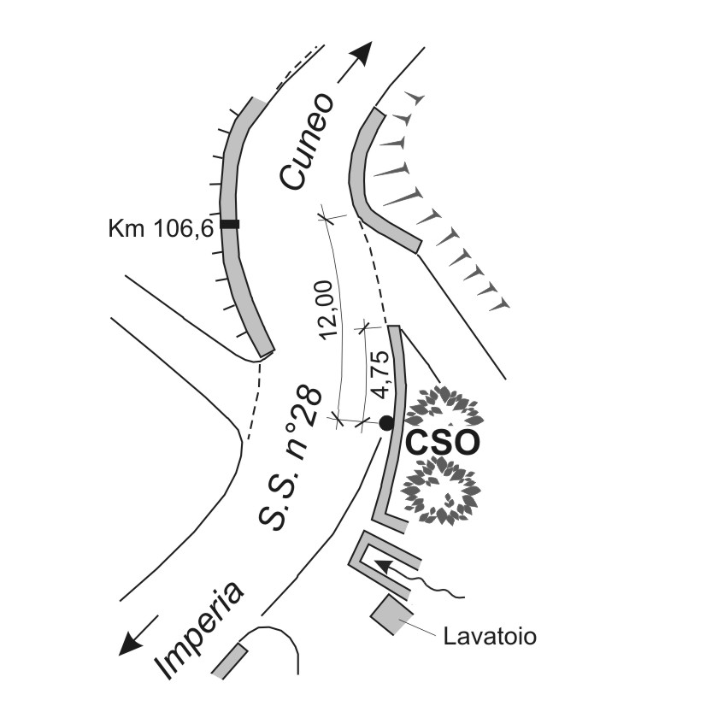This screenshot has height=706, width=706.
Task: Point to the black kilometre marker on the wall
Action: pyautogui.click(x=229, y=224)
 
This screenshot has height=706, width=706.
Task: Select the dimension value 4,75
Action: pyautogui.click(x=381, y=373)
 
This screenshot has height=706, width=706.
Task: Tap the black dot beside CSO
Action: pyautogui.click(x=386, y=422)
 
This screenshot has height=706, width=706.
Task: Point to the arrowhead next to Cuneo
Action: pyautogui.click(x=362, y=55)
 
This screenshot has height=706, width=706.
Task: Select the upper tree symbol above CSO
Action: pyautogui.click(x=444, y=408)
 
